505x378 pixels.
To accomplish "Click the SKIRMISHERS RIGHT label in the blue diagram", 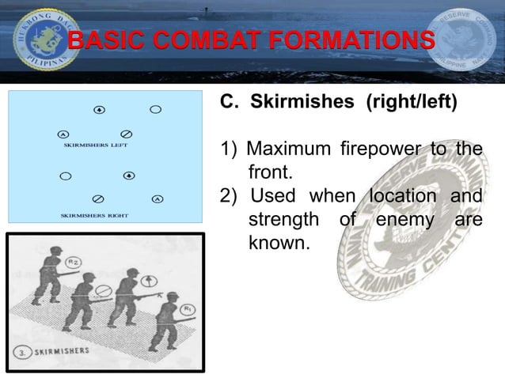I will coord(94,214).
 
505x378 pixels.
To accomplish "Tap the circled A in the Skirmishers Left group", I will coord(63,133).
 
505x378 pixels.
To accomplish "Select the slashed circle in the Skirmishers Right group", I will coord(97,198).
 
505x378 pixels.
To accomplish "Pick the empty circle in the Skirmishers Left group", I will coord(156,108).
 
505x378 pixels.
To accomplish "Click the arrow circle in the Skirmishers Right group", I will coord(127,175).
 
